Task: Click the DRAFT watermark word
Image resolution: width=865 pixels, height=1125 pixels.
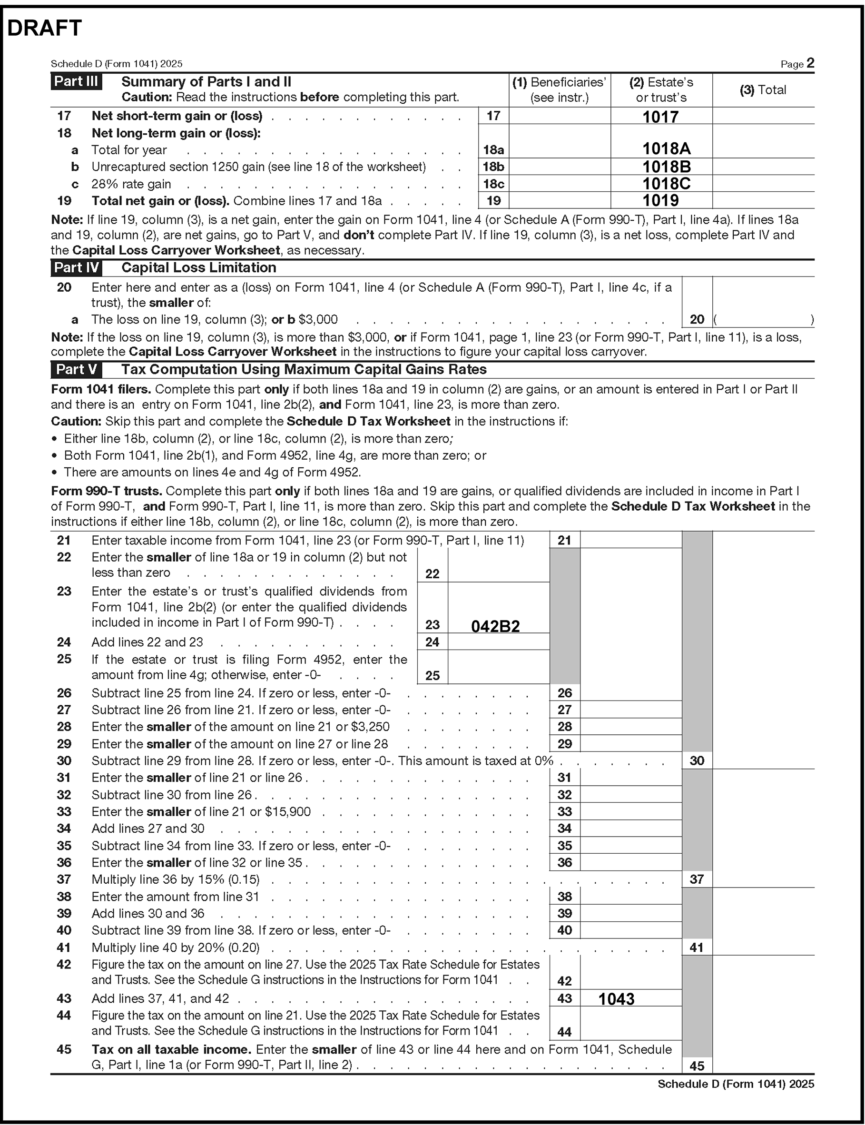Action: point(45,29)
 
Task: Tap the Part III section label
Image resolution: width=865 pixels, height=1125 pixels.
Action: point(76,81)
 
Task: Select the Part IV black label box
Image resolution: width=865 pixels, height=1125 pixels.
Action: point(76,267)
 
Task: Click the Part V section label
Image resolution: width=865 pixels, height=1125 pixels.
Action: point(76,369)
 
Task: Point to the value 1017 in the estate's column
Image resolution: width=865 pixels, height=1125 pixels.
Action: point(660,117)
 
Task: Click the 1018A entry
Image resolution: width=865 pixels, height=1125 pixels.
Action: point(666,149)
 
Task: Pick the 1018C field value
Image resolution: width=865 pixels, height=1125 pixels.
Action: point(666,183)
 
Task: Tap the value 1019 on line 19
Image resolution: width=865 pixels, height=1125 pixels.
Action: point(660,200)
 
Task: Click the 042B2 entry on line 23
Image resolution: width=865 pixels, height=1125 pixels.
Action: point(495,626)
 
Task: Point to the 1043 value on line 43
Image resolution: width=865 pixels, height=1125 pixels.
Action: point(616,999)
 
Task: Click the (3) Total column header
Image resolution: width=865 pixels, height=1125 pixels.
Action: point(763,90)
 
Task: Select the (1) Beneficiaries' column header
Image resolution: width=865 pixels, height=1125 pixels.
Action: point(559,89)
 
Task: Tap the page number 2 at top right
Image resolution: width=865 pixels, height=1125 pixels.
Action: point(810,63)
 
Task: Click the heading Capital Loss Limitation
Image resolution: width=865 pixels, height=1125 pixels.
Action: point(199,267)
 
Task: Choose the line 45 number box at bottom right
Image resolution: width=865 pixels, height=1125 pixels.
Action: point(697,1066)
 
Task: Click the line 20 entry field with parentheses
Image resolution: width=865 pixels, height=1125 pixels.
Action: point(763,319)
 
